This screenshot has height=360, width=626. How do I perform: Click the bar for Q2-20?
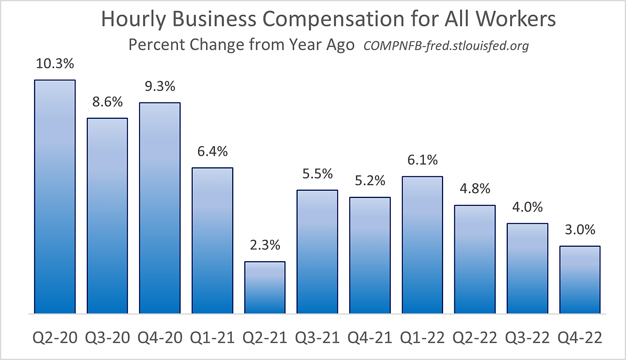pos(55,197)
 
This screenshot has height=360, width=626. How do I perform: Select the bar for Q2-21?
pos(265,288)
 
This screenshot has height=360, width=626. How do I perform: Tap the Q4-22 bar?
pos(580,280)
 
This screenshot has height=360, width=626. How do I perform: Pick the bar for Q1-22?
pos(422,245)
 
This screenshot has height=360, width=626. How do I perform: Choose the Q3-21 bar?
pos(317,252)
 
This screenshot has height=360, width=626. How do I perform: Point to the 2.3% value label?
pos(265,245)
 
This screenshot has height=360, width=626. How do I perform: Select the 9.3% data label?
pos(160,86)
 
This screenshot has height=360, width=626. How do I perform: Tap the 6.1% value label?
pos(422,160)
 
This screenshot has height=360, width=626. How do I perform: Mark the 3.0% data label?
pos(580,229)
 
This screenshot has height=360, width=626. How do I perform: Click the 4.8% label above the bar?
pos(475,188)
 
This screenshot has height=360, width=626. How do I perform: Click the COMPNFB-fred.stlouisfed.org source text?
pos(446,46)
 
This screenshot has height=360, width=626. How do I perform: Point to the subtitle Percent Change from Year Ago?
pos(241,45)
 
